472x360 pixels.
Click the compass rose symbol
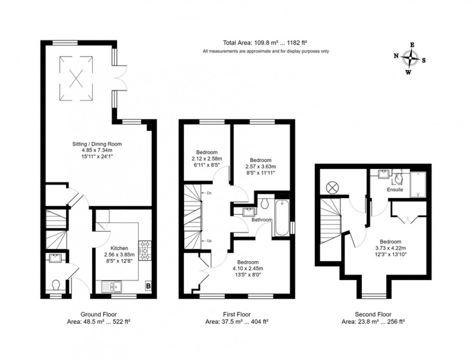coord(410,59)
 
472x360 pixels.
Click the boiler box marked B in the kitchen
coord(148,286)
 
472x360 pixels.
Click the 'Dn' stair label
coord(209,193)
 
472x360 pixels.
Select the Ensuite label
coord(395,190)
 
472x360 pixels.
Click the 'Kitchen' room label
coord(119,248)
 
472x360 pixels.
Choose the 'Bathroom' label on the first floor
coord(261,220)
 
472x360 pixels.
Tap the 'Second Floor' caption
coord(373,314)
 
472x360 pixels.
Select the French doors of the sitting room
coord(121,78)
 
